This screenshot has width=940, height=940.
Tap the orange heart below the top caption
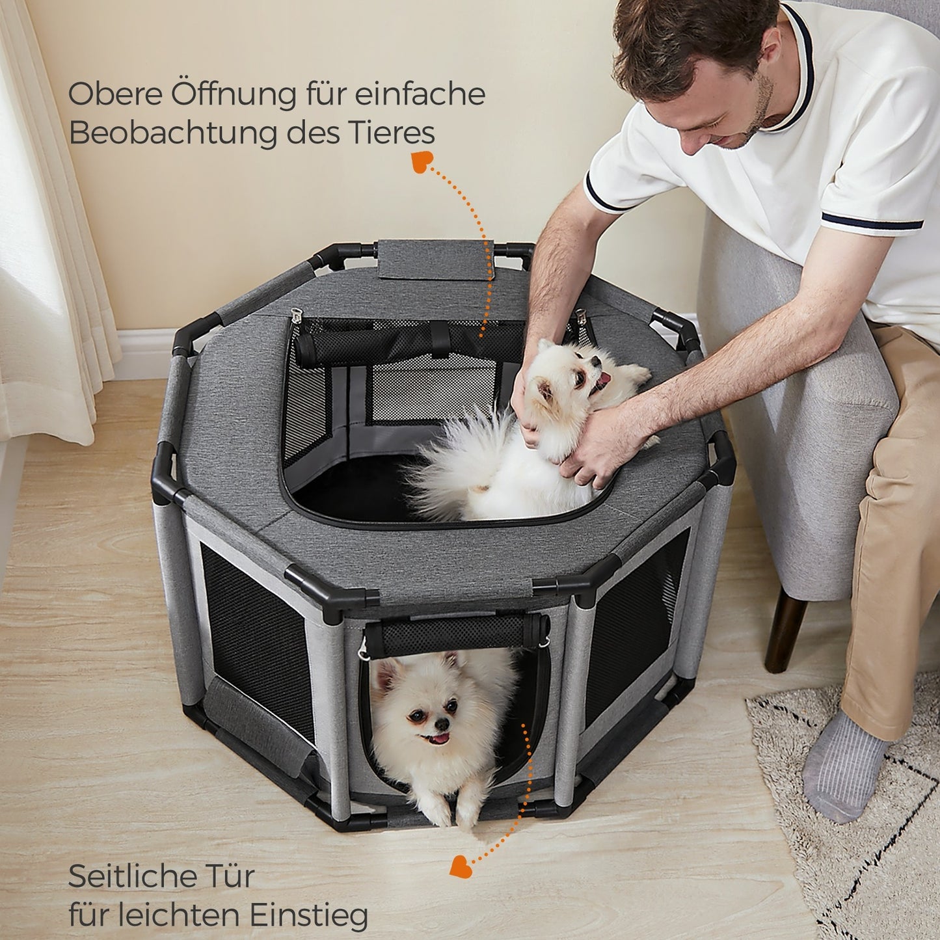point(421,161)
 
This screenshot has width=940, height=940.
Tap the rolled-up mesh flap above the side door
point(456,634)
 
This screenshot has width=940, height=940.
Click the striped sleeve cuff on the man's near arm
point(872,221)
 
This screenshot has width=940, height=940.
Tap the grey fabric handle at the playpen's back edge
point(435,259)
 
